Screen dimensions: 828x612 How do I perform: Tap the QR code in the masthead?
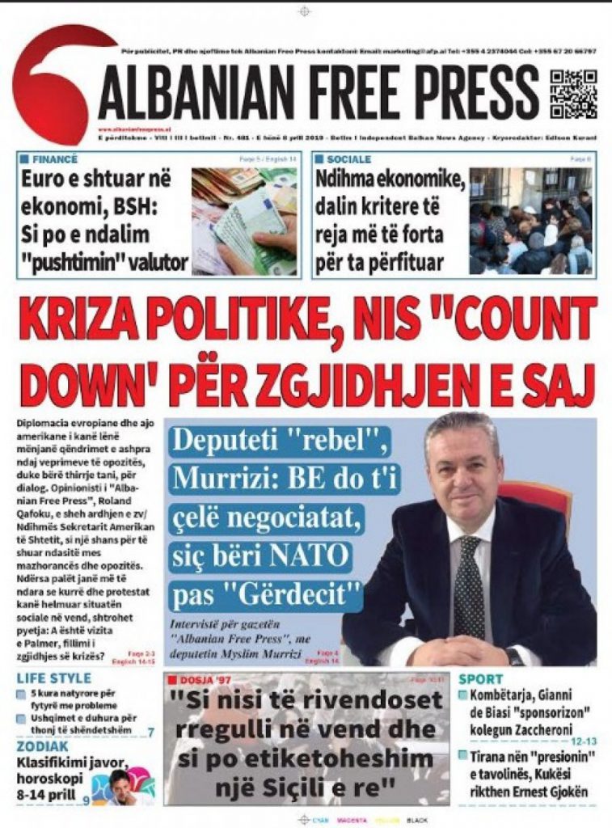[x=573, y=95]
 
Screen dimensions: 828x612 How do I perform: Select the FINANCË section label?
[x=50, y=160]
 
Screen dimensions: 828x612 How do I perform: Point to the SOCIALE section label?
[x=350, y=160]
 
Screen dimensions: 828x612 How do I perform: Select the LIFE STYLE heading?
[x=54, y=678]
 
